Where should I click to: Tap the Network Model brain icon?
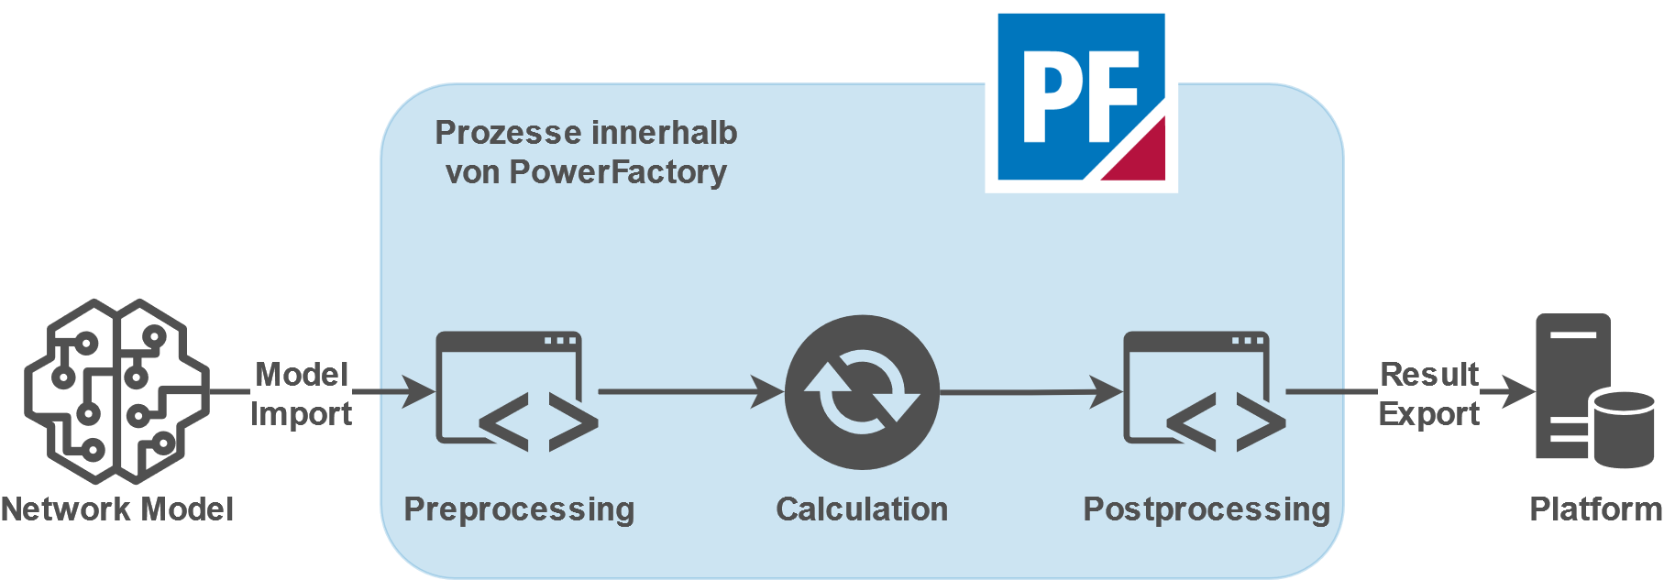point(116,391)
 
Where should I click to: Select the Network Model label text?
point(117,509)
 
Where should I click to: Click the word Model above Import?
point(302,374)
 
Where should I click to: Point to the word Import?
point(302,414)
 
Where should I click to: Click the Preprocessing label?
point(519,509)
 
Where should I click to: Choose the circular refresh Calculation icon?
point(862,392)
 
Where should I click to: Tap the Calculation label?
point(862,509)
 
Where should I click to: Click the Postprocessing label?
point(1207,509)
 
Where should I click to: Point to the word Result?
point(1429,374)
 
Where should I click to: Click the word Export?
point(1429,414)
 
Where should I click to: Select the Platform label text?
point(1595,509)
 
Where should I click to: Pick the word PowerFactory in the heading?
point(618,172)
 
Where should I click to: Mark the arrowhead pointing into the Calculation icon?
point(768,392)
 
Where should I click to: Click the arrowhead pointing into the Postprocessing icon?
point(1107,392)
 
